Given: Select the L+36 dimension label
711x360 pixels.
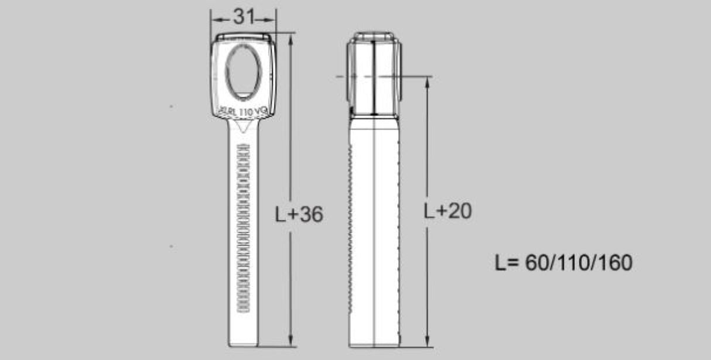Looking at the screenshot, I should [299, 215].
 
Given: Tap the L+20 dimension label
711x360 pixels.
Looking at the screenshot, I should [447, 211].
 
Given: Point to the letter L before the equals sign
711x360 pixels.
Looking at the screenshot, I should [500, 263].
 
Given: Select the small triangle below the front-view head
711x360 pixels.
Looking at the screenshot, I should [244, 126].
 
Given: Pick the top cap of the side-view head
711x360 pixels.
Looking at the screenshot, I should [374, 37].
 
